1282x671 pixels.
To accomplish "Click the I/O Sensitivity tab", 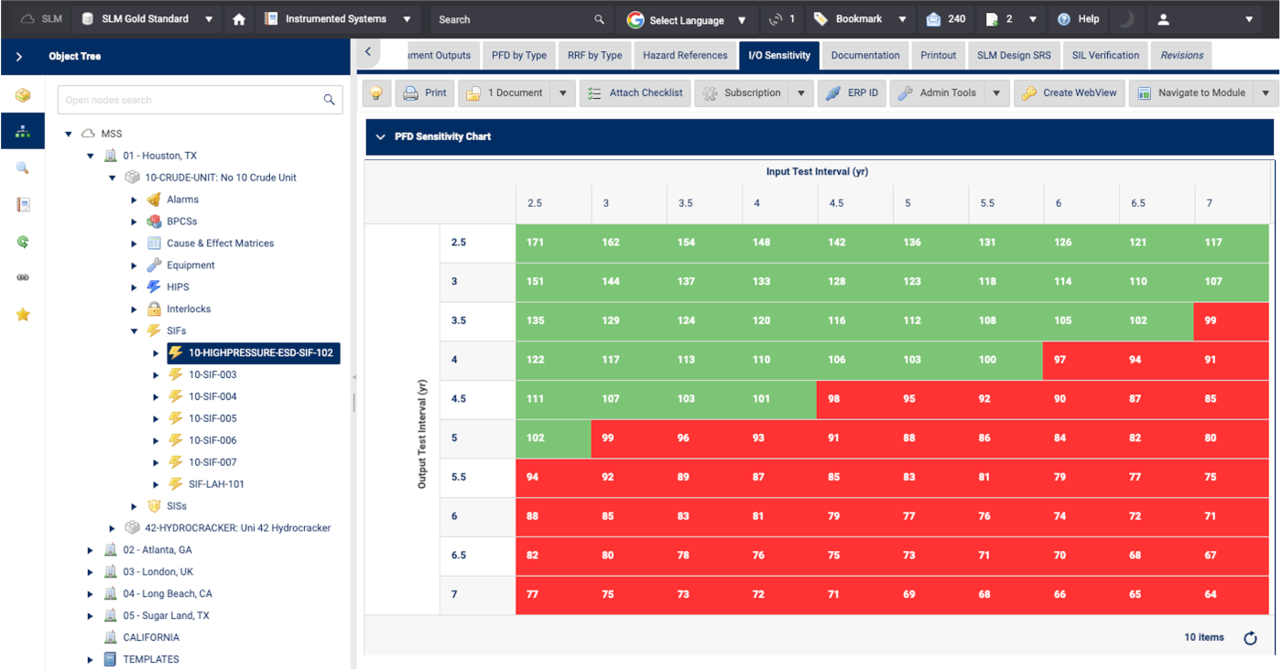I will (x=779, y=55).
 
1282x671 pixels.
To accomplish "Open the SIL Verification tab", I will (x=1105, y=55).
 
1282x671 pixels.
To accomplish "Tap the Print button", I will (x=425, y=92).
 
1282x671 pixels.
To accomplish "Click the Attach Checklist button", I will (x=636, y=92).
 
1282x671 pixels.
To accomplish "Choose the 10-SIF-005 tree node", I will (x=212, y=418).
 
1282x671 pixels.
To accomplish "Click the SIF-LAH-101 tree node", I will (x=216, y=484).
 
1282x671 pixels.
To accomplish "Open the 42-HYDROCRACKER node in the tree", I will (x=237, y=528).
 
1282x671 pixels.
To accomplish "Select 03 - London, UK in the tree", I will (x=158, y=572).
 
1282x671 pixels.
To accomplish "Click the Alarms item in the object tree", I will (x=182, y=200).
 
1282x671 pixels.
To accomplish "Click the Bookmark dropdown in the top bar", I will (x=860, y=19).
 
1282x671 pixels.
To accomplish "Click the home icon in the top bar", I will (x=239, y=19).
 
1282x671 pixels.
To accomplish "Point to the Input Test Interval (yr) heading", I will (x=817, y=172).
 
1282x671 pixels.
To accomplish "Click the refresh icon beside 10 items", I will (x=1250, y=638).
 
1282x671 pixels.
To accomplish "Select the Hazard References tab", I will (x=685, y=55).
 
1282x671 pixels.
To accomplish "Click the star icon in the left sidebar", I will (x=23, y=315).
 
